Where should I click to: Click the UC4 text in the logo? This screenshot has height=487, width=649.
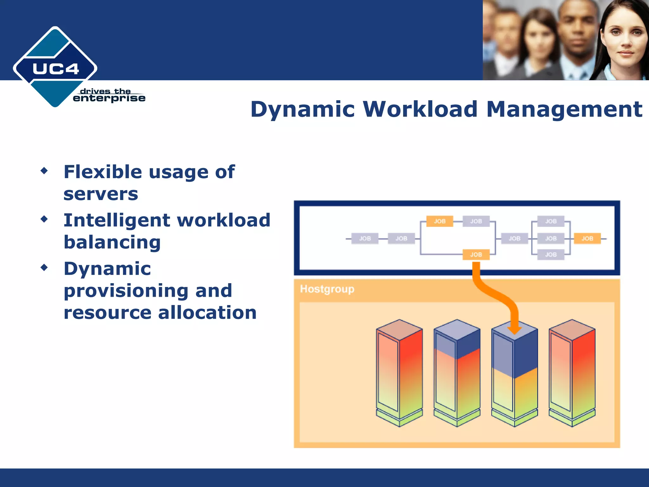(x=55, y=69)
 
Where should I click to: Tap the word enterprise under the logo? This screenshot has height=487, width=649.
(x=109, y=99)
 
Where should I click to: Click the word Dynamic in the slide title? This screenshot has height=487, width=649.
(x=302, y=109)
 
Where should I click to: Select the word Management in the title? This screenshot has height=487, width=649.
(x=564, y=109)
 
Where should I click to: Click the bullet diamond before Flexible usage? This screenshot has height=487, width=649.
(x=44, y=171)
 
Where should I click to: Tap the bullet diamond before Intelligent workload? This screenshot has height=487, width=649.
(x=44, y=219)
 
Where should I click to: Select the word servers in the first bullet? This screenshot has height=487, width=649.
(x=101, y=194)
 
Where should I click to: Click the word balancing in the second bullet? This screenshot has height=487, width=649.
(x=112, y=243)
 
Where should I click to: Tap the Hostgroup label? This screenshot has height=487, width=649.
(x=327, y=289)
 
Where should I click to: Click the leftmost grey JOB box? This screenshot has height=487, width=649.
(x=365, y=238)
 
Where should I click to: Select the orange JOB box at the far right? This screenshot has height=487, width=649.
(x=587, y=238)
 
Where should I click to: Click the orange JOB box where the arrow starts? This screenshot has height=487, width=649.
(x=476, y=255)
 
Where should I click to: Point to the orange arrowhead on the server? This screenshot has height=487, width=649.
(x=514, y=330)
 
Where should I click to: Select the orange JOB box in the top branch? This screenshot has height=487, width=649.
(x=440, y=221)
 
